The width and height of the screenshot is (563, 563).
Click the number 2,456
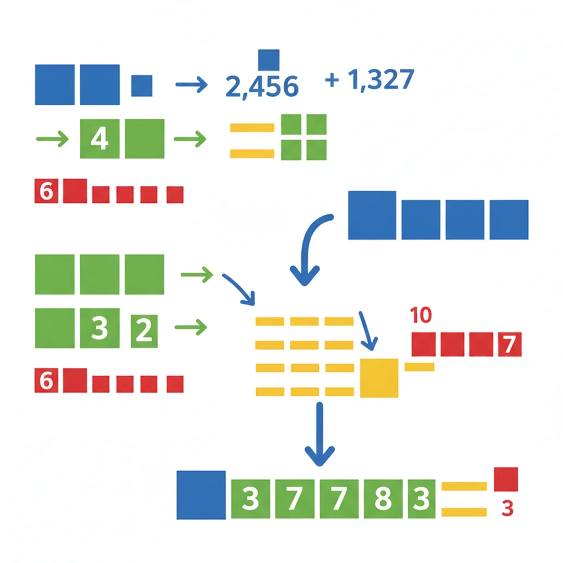[x=262, y=86]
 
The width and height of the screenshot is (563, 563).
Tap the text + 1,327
[x=369, y=79]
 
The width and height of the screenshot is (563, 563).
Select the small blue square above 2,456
[x=268, y=60]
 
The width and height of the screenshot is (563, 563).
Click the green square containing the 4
[x=100, y=139]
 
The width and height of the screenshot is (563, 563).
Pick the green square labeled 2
[x=144, y=331]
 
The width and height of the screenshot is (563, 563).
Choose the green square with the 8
[x=383, y=499]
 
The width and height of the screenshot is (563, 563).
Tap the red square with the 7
[x=510, y=344]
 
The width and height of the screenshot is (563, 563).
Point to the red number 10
[x=421, y=315]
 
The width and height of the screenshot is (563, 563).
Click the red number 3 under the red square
[x=507, y=509]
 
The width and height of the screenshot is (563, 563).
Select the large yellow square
[x=379, y=378]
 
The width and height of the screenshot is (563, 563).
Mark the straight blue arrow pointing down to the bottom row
[x=319, y=434]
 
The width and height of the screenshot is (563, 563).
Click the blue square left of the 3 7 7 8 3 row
[x=201, y=495]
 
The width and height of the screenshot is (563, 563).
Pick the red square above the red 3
[x=506, y=479]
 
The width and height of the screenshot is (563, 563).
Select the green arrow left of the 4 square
[x=52, y=139]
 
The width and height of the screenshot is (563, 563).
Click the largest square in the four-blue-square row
[x=372, y=215]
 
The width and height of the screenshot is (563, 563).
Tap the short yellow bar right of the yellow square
[x=420, y=367]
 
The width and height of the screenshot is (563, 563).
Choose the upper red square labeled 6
[x=46, y=191]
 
